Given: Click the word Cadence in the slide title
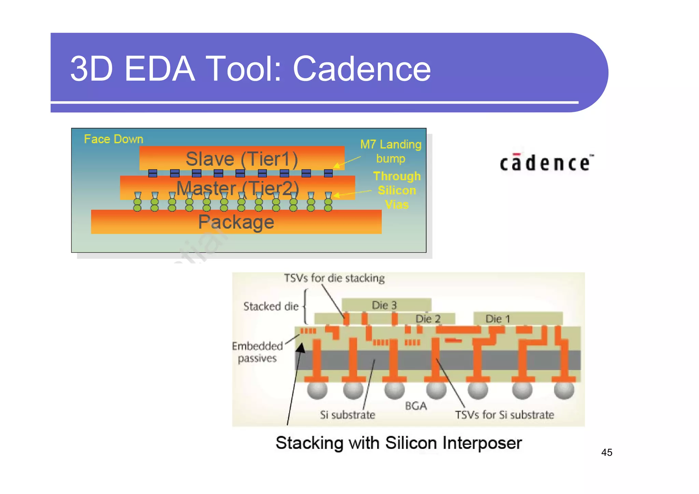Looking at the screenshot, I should pyautogui.click(x=361, y=69).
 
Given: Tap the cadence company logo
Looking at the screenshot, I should pyautogui.click(x=546, y=163).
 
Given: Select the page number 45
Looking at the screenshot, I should pyautogui.click(x=607, y=452).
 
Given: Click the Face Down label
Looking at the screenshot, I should pyautogui.click(x=113, y=139).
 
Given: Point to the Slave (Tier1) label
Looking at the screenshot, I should pyautogui.click(x=242, y=159).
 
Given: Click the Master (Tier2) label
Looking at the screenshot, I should pyautogui.click(x=238, y=188).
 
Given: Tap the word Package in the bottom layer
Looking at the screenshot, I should pyautogui.click(x=236, y=222).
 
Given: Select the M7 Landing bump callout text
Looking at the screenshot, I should pyautogui.click(x=391, y=151).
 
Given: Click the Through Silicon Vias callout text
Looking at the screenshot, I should pyautogui.click(x=397, y=190).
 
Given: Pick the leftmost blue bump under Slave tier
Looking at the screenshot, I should pyautogui.click(x=153, y=173).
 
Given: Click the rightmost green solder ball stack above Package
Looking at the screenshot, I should pyautogui.click(x=328, y=202).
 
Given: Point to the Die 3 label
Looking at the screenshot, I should pyautogui.click(x=384, y=305).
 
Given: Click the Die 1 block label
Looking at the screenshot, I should pyautogui.click(x=498, y=319).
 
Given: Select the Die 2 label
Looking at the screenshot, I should pyautogui.click(x=428, y=319).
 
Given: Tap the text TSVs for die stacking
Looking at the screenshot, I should pyautogui.click(x=334, y=278).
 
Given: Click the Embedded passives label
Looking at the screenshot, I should pyautogui.click(x=257, y=352).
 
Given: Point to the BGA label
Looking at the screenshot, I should pyautogui.click(x=416, y=406).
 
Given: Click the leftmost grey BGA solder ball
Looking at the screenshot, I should pyautogui.click(x=317, y=390).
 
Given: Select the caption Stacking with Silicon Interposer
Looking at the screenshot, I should pyautogui.click(x=398, y=443).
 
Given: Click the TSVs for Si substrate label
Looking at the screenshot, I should pyautogui.click(x=504, y=415).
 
